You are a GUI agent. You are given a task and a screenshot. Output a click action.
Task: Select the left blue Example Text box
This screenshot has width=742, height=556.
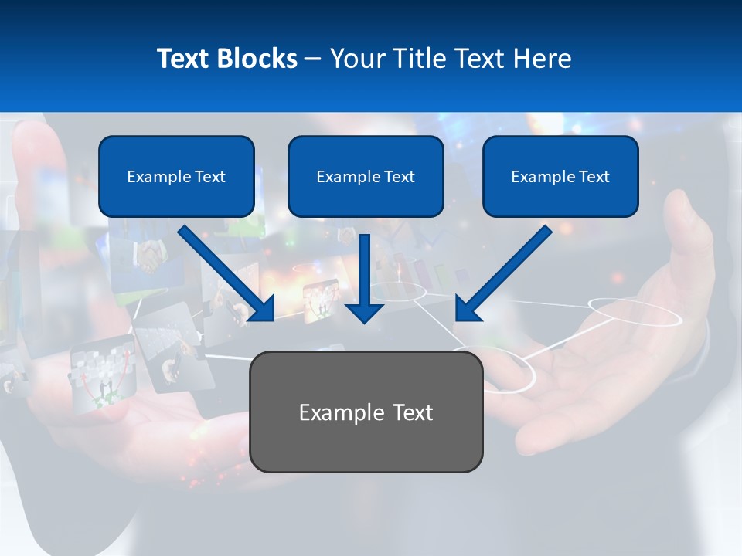click(x=176, y=177)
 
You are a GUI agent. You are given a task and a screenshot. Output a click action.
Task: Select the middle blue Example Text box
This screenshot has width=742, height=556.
click(x=366, y=177)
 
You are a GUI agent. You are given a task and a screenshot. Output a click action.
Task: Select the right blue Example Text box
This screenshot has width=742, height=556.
click(x=560, y=177)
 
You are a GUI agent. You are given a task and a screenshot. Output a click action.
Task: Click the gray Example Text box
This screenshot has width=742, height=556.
click(x=366, y=412)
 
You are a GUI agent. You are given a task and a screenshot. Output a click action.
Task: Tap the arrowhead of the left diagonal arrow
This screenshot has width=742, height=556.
click(x=263, y=309)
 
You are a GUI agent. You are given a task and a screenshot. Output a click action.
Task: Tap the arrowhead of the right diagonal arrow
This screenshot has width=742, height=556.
click(x=468, y=309)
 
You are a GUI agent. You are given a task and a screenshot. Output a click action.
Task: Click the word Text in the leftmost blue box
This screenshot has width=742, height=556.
click(x=209, y=177)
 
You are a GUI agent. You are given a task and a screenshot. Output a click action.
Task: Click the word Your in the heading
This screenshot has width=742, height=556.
click(x=358, y=59)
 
